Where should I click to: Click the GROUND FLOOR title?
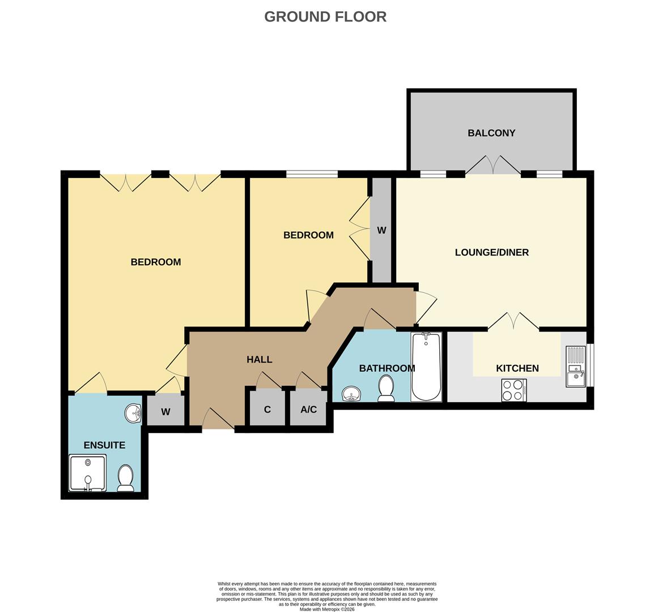[x=325, y=16]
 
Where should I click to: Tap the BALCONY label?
[x=491, y=133]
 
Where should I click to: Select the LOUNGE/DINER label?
[x=491, y=252]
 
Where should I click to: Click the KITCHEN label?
[x=517, y=368]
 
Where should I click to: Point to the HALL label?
[x=259, y=359]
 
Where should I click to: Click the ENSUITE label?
[x=104, y=445]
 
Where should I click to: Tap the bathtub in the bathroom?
[x=426, y=367]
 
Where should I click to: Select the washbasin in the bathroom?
[x=352, y=393]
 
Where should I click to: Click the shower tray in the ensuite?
[x=87, y=473]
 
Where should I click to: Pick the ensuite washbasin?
[x=133, y=413]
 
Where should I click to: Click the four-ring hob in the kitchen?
[x=513, y=390]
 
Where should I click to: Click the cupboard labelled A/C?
[x=309, y=409]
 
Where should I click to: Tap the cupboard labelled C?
[x=267, y=409]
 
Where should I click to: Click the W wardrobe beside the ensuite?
[x=165, y=411]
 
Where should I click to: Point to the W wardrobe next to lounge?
[x=381, y=230]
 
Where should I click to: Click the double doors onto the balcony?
[x=493, y=165]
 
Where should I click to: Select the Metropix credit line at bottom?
[x=327, y=609]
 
